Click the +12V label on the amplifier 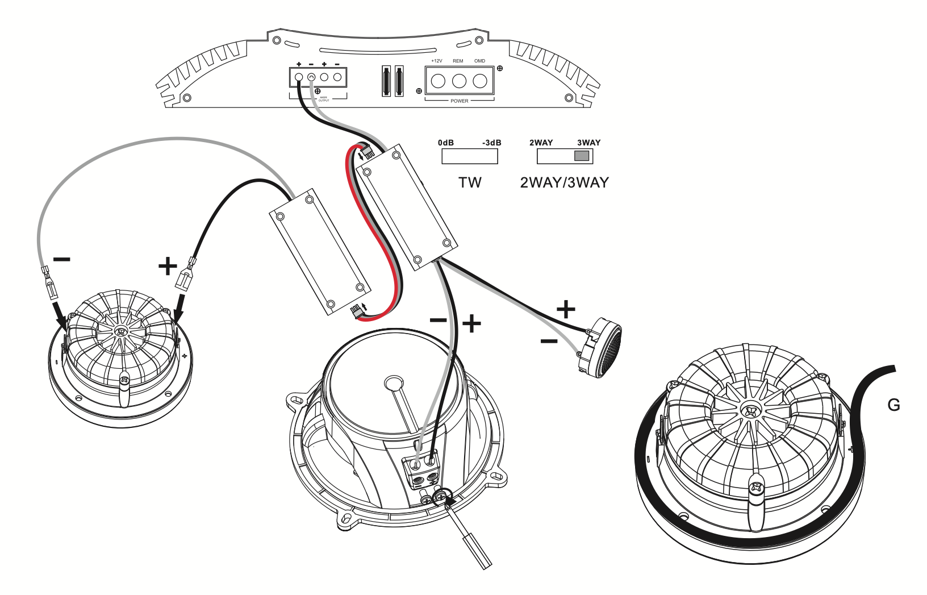(436, 61)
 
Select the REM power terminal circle (459, 81)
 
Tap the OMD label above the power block (479, 61)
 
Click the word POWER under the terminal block (460, 101)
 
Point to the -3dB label (491, 143)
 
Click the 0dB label (445, 143)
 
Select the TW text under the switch (470, 182)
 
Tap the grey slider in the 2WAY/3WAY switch (582, 156)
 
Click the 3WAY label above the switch (588, 143)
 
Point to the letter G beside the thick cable (893, 406)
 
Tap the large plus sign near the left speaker (167, 266)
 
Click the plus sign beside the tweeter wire (565, 310)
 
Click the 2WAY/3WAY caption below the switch (564, 182)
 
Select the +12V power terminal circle (437, 81)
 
